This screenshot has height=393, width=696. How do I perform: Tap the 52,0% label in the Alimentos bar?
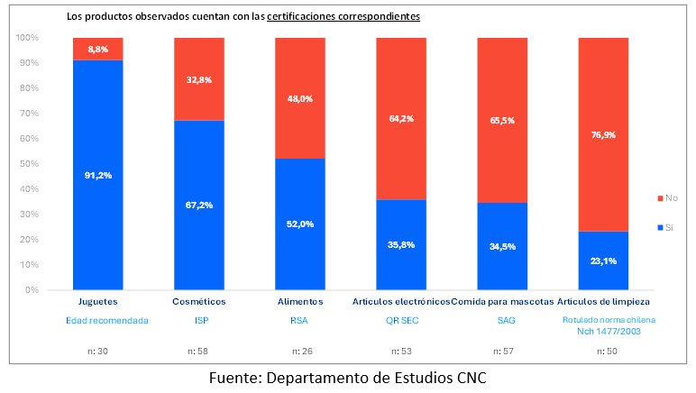point(300,224)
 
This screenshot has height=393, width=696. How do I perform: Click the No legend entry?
point(666,197)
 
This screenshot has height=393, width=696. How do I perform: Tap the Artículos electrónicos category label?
point(401,301)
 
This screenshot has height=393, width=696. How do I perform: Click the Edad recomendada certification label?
point(97,320)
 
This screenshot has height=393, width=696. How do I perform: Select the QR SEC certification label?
point(400,320)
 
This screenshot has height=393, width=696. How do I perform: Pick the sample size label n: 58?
point(198,350)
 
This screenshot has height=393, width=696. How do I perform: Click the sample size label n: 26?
point(299,350)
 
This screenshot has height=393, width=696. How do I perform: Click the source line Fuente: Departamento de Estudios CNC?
point(347,377)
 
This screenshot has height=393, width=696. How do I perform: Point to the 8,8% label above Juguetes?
point(97,49)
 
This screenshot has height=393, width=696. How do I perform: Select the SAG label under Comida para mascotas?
point(501,320)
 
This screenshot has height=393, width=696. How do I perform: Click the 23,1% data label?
point(602,261)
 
